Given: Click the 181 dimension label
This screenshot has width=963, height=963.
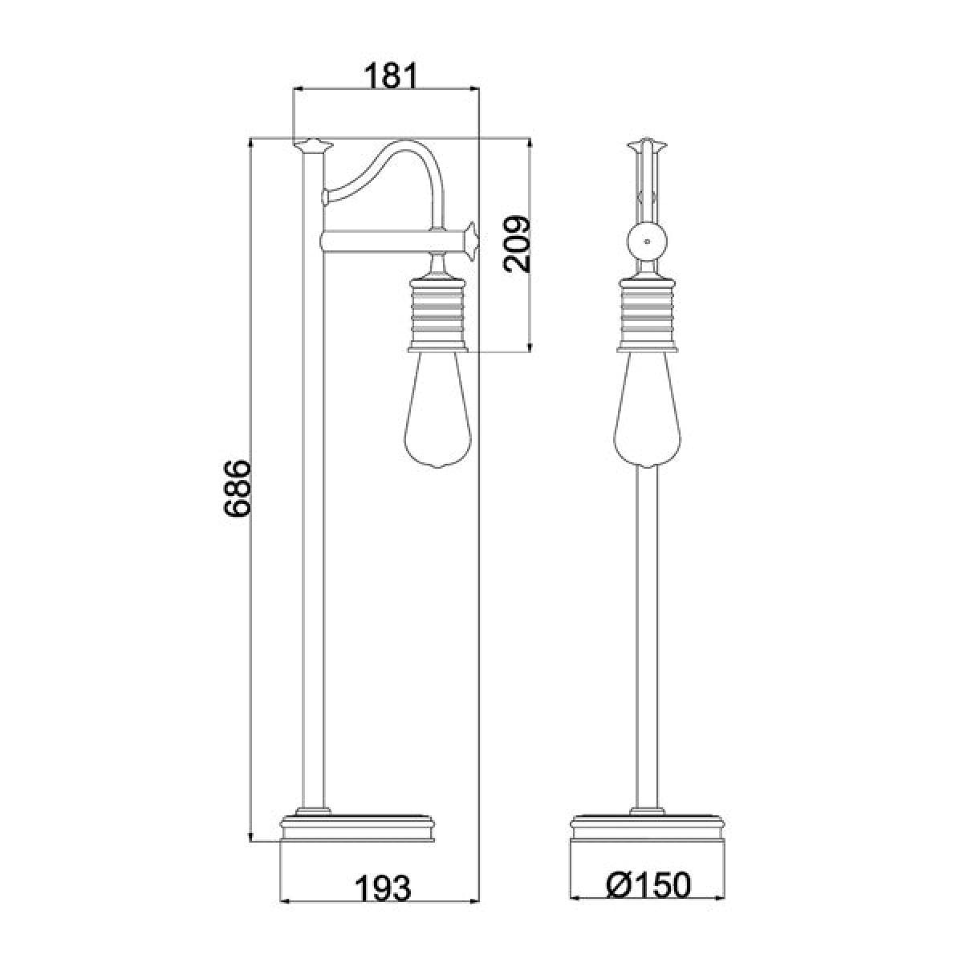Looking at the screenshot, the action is [x=389, y=76].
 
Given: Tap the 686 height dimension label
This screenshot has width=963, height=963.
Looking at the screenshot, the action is [x=237, y=488].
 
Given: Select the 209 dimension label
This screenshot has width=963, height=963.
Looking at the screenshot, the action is [x=516, y=244].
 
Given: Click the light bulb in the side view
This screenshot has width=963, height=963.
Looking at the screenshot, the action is [x=438, y=410].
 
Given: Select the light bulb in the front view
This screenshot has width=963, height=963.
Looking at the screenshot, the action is [x=648, y=410].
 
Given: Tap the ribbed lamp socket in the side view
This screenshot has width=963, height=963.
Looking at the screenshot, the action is [x=438, y=314].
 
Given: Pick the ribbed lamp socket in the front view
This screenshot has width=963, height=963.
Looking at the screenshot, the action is [x=648, y=314].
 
